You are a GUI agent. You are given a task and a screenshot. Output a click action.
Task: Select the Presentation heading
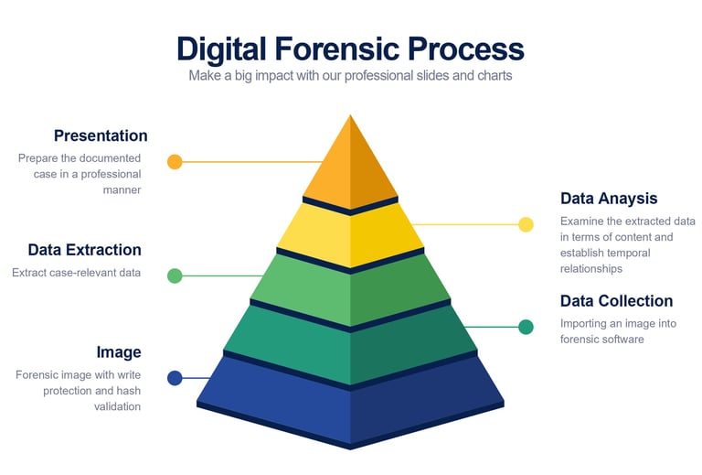101,135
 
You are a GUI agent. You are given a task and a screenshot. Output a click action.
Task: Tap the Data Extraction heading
84,250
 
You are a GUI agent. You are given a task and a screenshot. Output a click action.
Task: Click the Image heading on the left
119,352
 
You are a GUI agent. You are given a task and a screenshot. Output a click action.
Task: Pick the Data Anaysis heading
609,199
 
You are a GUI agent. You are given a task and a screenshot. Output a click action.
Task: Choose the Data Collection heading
616,301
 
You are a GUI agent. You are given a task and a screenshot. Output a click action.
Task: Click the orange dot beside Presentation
175,162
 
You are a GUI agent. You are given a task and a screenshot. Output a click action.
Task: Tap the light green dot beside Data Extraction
175,275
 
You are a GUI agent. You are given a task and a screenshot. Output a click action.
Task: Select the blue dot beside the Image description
175,378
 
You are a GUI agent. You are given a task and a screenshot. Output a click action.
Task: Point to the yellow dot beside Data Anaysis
526,224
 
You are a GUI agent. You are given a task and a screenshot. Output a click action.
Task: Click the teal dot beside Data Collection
526,327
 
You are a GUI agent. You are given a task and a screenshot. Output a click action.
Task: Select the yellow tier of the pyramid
350,232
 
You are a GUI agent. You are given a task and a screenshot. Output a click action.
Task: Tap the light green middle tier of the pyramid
350,287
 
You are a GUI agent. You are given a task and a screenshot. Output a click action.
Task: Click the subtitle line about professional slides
350,76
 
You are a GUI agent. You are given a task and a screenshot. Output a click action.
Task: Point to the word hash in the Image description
128,391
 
